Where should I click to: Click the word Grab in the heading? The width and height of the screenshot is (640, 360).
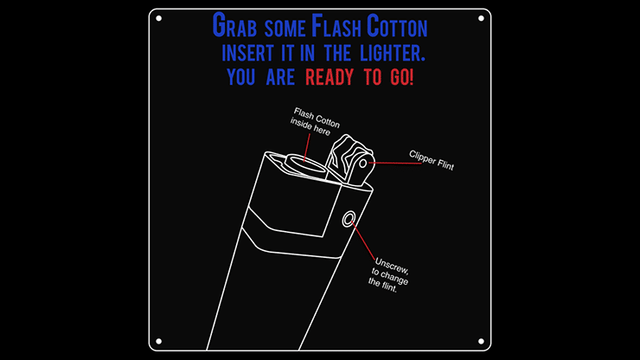click(234, 26)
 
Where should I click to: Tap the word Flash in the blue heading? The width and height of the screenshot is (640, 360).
click(336, 26)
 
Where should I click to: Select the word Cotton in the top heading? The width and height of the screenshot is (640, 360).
click(397, 26)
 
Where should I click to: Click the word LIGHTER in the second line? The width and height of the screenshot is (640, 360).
click(393, 54)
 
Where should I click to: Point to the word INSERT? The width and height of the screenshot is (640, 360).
click(247, 54)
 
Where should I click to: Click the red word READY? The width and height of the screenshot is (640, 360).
click(330, 77)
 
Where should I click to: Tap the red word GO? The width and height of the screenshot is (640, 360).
click(401, 77)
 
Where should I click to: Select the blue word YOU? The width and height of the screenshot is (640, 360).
click(240, 77)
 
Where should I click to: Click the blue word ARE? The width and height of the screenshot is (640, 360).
click(280, 77)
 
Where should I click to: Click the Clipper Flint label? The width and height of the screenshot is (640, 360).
click(432, 160)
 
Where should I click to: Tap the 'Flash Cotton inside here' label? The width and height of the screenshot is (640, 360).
click(315, 121)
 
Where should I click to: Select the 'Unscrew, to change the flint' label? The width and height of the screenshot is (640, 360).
click(388, 275)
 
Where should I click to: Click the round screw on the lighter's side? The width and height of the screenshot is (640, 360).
click(349, 219)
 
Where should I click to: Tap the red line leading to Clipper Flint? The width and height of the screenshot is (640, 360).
click(395, 163)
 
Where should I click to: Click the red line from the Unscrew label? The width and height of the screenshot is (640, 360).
click(363, 241)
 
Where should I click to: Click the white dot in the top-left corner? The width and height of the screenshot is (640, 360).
click(159, 18)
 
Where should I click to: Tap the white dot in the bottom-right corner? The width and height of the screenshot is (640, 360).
click(481, 341)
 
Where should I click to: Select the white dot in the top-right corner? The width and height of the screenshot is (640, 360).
click(481, 18)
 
